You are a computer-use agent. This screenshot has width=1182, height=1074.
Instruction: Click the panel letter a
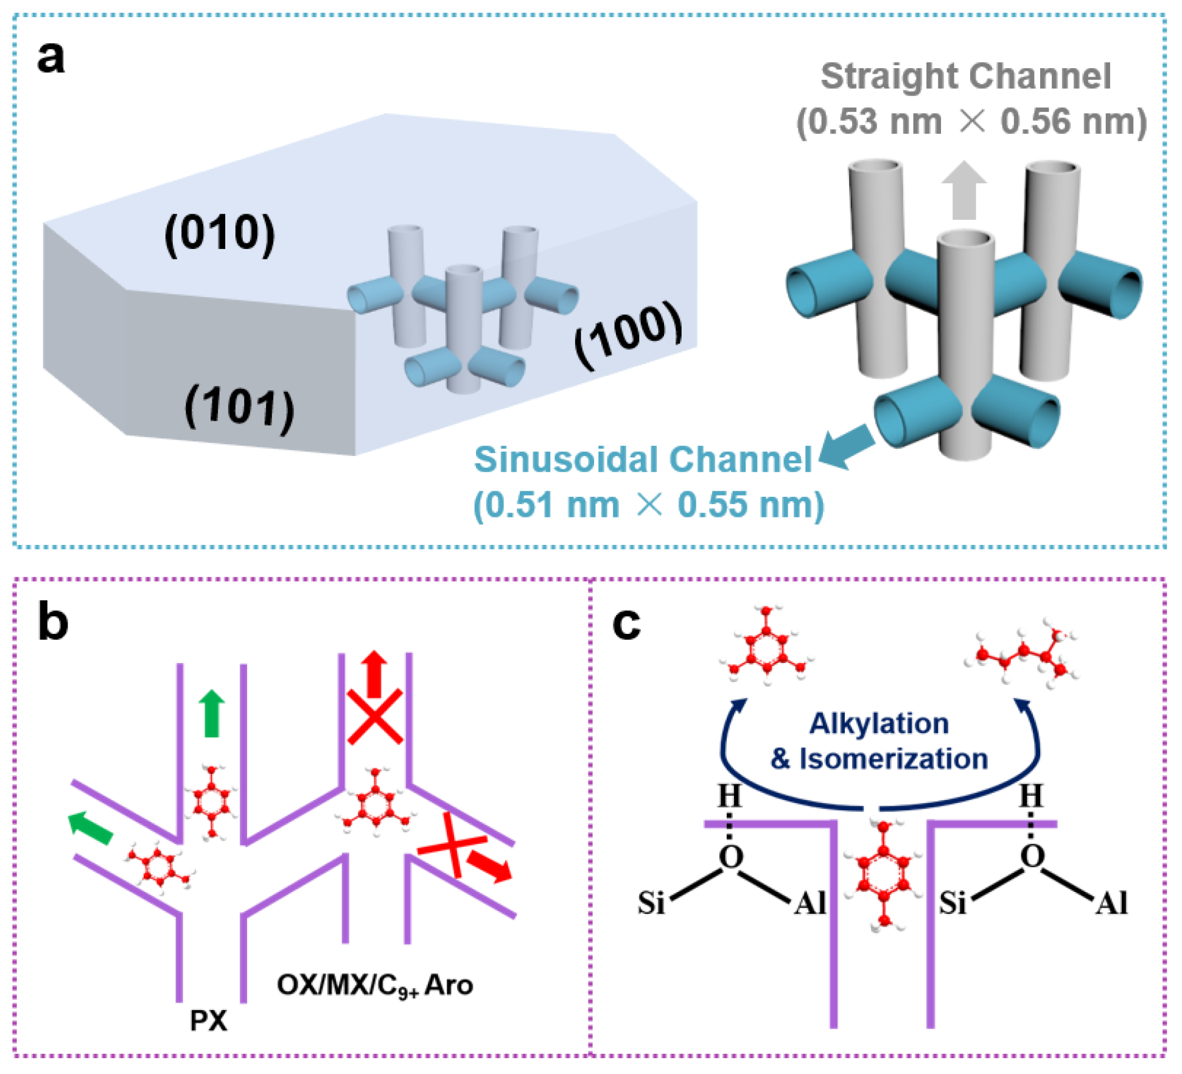(x=51, y=58)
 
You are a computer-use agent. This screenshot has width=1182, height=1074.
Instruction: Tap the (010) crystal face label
(x=220, y=233)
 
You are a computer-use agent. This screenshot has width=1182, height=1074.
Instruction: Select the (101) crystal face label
(x=239, y=407)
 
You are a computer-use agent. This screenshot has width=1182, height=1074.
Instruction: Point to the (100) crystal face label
(x=629, y=333)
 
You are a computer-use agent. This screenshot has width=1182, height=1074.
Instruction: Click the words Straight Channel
(x=966, y=77)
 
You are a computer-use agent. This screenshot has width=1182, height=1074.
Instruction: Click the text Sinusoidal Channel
(x=643, y=459)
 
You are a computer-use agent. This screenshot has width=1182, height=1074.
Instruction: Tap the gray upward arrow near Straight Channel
(x=963, y=191)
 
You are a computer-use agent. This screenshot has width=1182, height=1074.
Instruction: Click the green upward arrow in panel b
(x=212, y=713)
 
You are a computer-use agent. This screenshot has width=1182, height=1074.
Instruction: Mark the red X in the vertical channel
(x=375, y=716)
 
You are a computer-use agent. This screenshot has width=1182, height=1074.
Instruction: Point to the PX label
(x=208, y=1020)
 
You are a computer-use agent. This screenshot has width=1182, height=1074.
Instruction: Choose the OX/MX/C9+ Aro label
(x=375, y=985)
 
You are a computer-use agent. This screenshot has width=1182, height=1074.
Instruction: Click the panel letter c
(x=626, y=623)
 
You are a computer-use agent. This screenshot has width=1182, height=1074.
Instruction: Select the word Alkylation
(x=879, y=724)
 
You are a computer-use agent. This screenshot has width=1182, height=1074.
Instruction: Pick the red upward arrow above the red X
(x=374, y=673)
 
